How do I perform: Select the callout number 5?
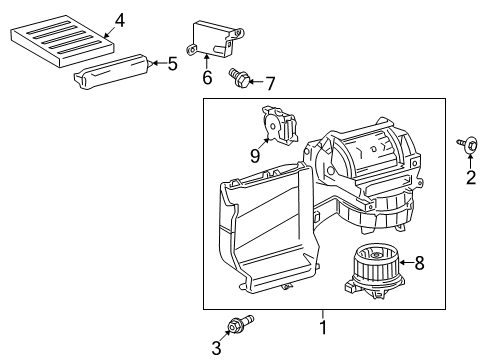[172, 64]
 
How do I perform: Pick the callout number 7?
[268, 81]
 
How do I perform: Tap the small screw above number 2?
[468, 146]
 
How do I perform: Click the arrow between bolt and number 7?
[254, 80]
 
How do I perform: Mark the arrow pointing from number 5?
[157, 64]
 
